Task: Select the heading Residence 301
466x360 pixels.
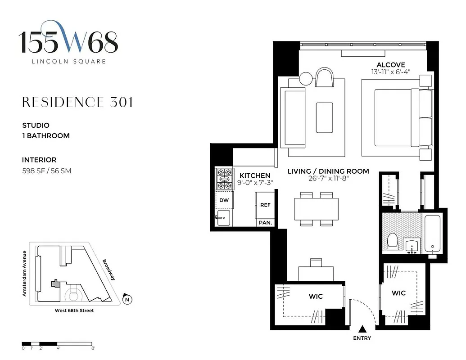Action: [x=77, y=102]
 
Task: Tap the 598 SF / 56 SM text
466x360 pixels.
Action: [x=46, y=171]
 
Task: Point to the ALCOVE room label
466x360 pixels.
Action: [x=390, y=65]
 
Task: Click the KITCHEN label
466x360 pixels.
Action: [x=255, y=175]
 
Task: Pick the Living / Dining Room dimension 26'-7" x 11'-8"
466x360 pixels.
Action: [x=328, y=179]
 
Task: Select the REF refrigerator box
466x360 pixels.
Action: [x=265, y=205]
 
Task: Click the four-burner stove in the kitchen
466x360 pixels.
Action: [x=224, y=179]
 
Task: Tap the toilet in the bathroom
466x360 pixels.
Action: [x=392, y=241]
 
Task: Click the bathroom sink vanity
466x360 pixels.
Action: [x=412, y=246]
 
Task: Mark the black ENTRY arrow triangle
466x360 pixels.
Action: [x=362, y=329]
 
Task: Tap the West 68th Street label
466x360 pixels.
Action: [x=74, y=310]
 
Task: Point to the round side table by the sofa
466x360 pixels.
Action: [x=306, y=78]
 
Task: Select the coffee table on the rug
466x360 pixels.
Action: [x=324, y=117]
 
